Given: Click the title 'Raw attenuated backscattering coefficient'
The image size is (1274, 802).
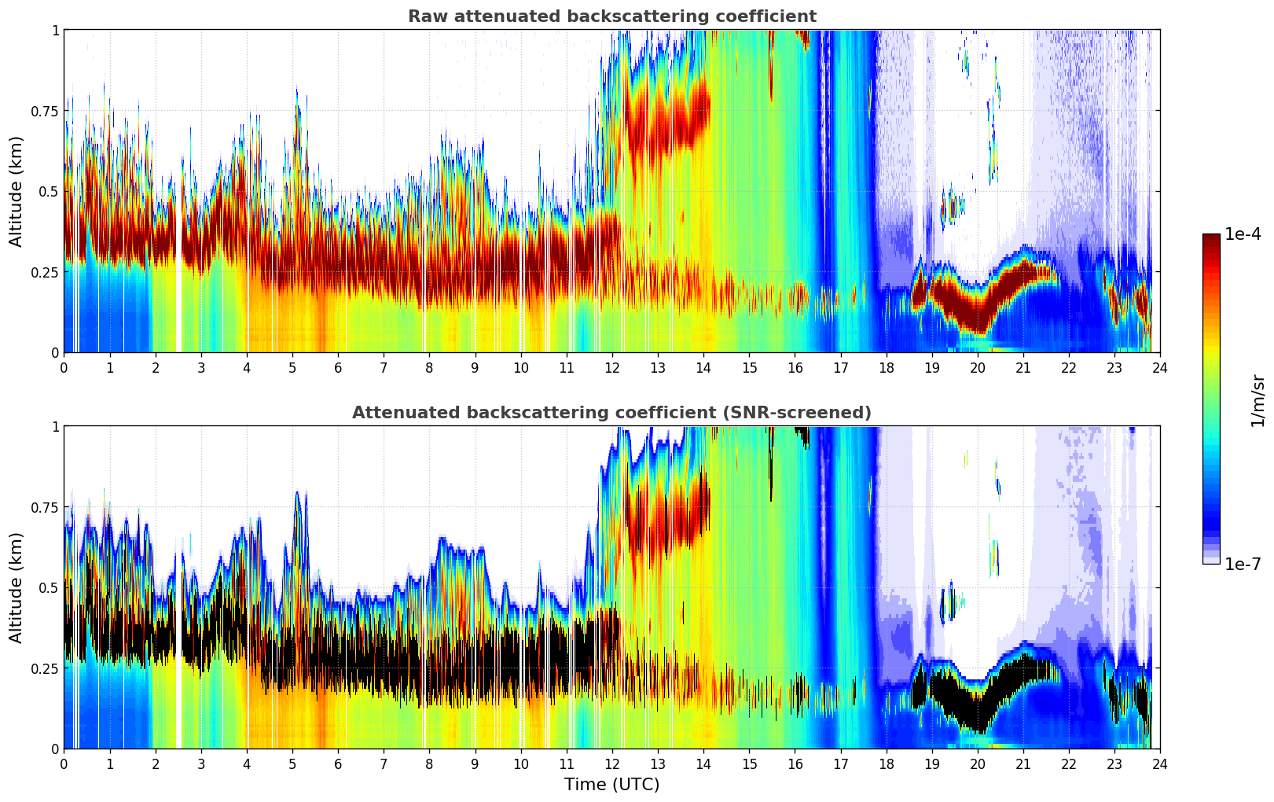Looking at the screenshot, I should pos(611,17).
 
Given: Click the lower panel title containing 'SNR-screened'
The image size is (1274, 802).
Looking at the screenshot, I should pos(611,413).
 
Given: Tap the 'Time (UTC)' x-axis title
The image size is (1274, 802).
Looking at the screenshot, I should pos(611,785).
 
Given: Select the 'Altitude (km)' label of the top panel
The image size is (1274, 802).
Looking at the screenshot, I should pos(17,191).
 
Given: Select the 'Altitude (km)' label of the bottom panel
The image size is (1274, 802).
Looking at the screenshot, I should pos(17,587).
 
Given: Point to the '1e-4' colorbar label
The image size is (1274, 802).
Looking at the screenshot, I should pos(1243,234).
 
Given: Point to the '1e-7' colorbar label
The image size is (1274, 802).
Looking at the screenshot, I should pos(1243,564).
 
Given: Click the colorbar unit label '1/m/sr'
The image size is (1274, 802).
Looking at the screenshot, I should pos(1257,401).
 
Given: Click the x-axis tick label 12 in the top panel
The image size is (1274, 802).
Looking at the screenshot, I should pos(611,368).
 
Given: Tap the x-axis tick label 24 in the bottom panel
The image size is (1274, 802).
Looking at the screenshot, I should pos(1159,764).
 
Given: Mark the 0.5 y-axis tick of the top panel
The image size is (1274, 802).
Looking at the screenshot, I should pos(50,191).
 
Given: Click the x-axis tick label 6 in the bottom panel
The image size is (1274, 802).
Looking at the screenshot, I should pos(338,764).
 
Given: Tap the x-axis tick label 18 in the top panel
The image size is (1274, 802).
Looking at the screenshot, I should pos(886,368).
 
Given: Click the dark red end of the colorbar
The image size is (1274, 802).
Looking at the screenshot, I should pos(1211,238).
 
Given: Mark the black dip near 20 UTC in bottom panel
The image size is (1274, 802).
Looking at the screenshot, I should pos(977,712).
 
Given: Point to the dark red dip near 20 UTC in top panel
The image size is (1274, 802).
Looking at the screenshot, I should pos(977,315).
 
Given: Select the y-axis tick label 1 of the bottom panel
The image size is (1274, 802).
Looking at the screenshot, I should pos(55,426).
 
